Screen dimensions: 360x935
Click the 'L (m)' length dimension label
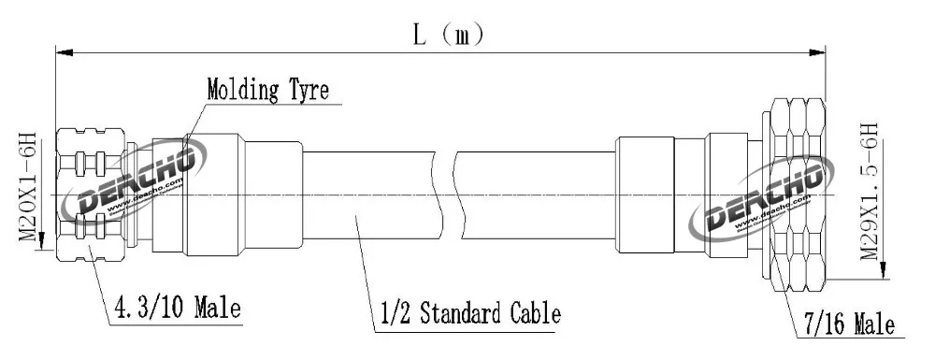[450, 36]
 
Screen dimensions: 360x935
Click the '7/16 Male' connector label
[849, 324]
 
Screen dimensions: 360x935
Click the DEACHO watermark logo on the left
[135, 178]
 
